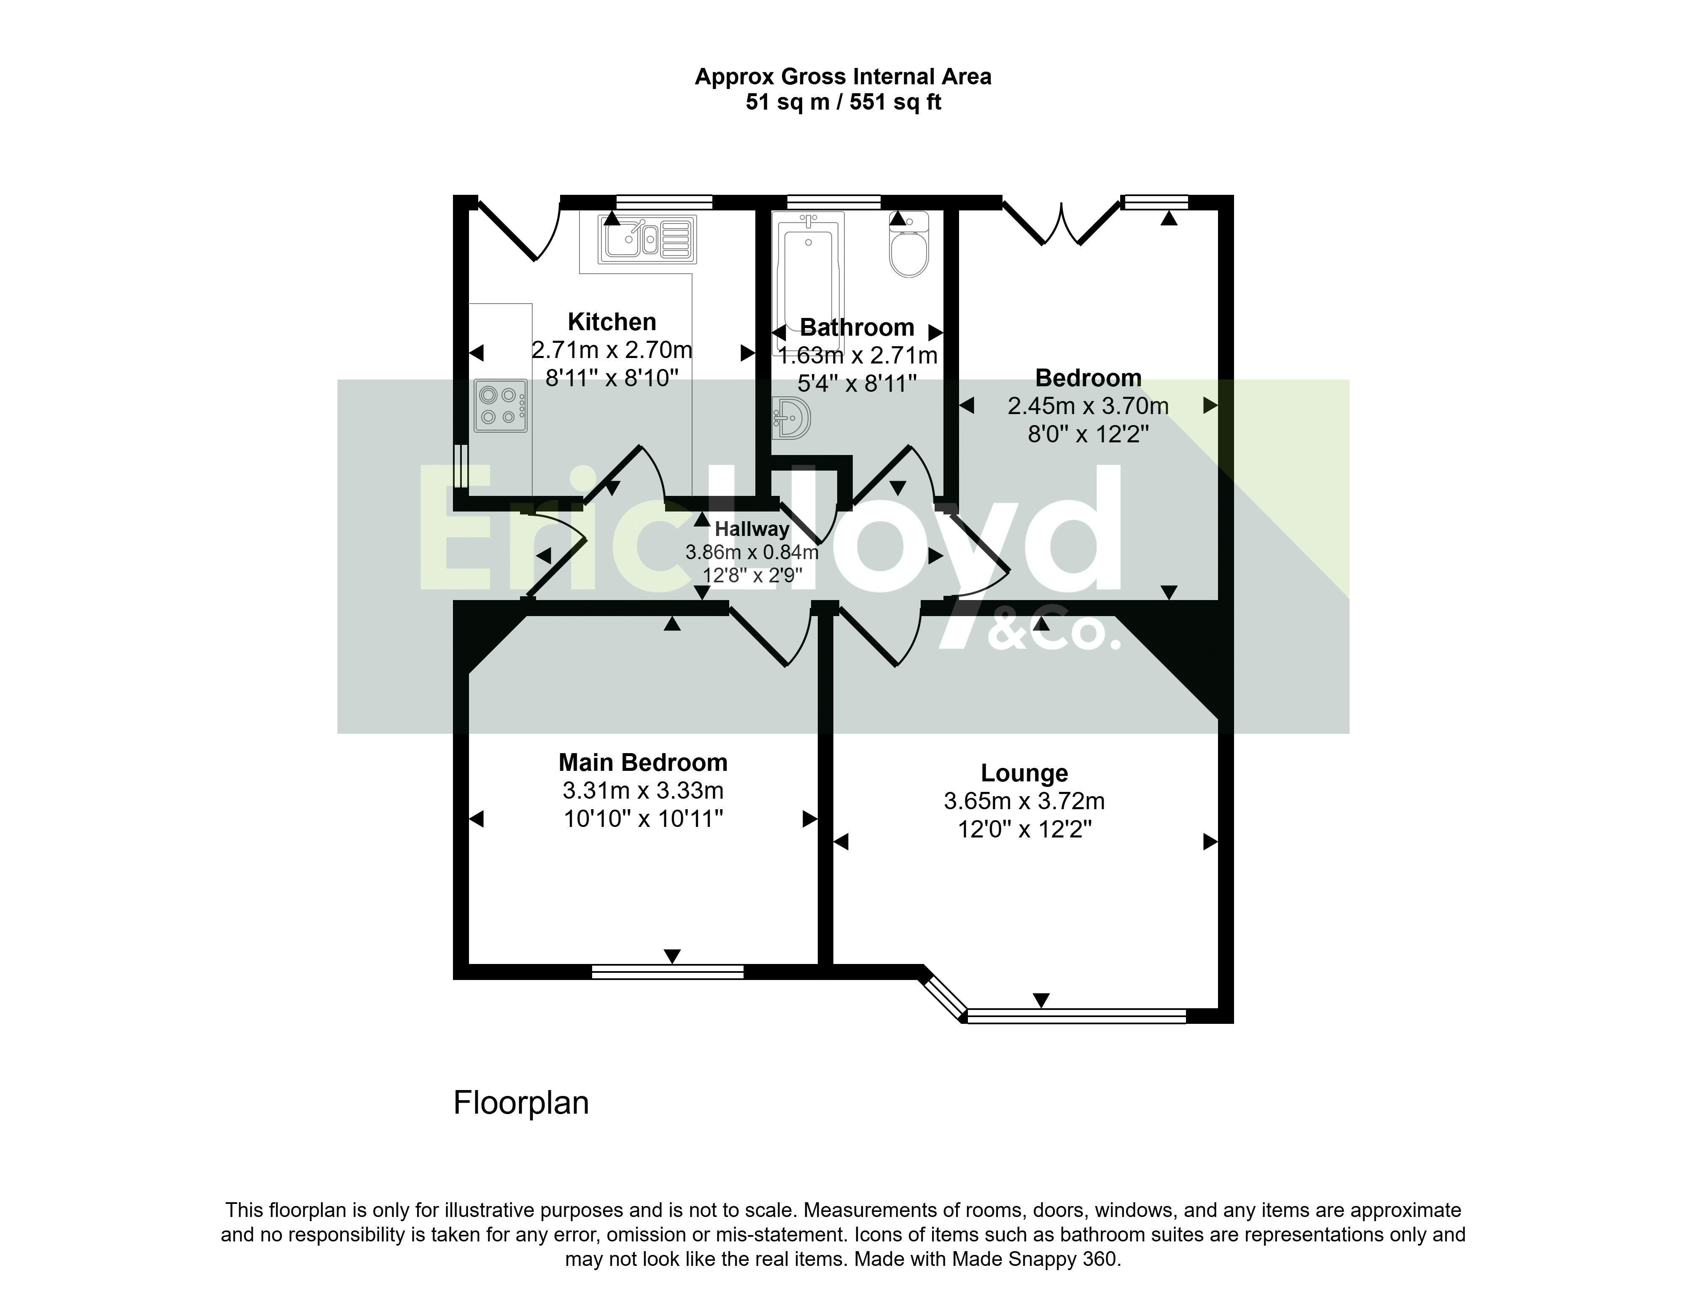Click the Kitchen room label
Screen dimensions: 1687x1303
(x=612, y=321)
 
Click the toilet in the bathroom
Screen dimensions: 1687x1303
(x=908, y=244)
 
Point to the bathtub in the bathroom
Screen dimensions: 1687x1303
(x=808, y=282)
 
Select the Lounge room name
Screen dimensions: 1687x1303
(x=1024, y=773)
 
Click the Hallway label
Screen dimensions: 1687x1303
(x=752, y=529)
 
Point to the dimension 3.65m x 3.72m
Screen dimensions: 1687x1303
(x=1024, y=801)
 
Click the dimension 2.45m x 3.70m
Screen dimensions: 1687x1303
(x=1088, y=406)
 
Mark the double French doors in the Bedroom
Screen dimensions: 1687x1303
(x=1061, y=223)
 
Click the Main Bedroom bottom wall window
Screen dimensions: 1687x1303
(x=667, y=972)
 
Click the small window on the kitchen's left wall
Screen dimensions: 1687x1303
(x=461, y=466)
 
